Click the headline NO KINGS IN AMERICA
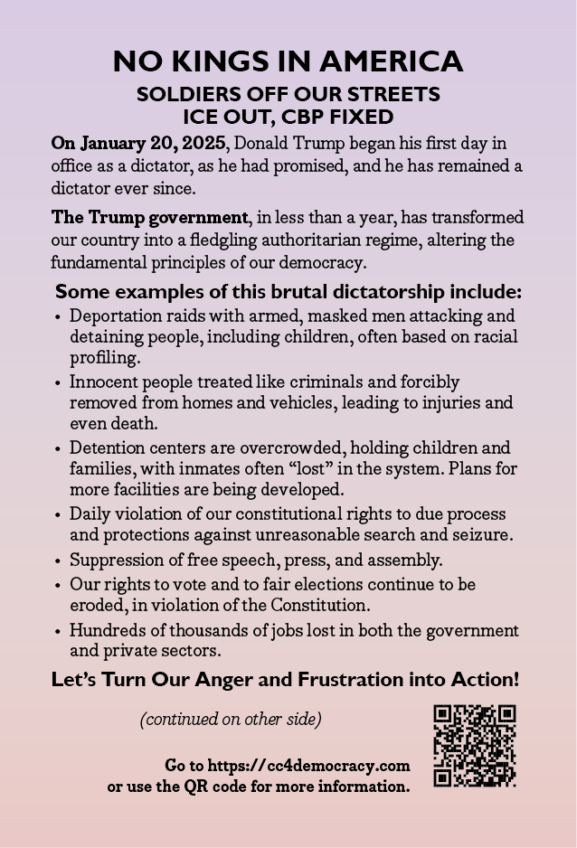288,61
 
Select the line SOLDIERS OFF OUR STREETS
288,94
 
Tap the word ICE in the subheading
200,117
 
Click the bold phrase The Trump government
149,218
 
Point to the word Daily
90,514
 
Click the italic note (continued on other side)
231,720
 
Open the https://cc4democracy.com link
308,765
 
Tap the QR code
475,746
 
